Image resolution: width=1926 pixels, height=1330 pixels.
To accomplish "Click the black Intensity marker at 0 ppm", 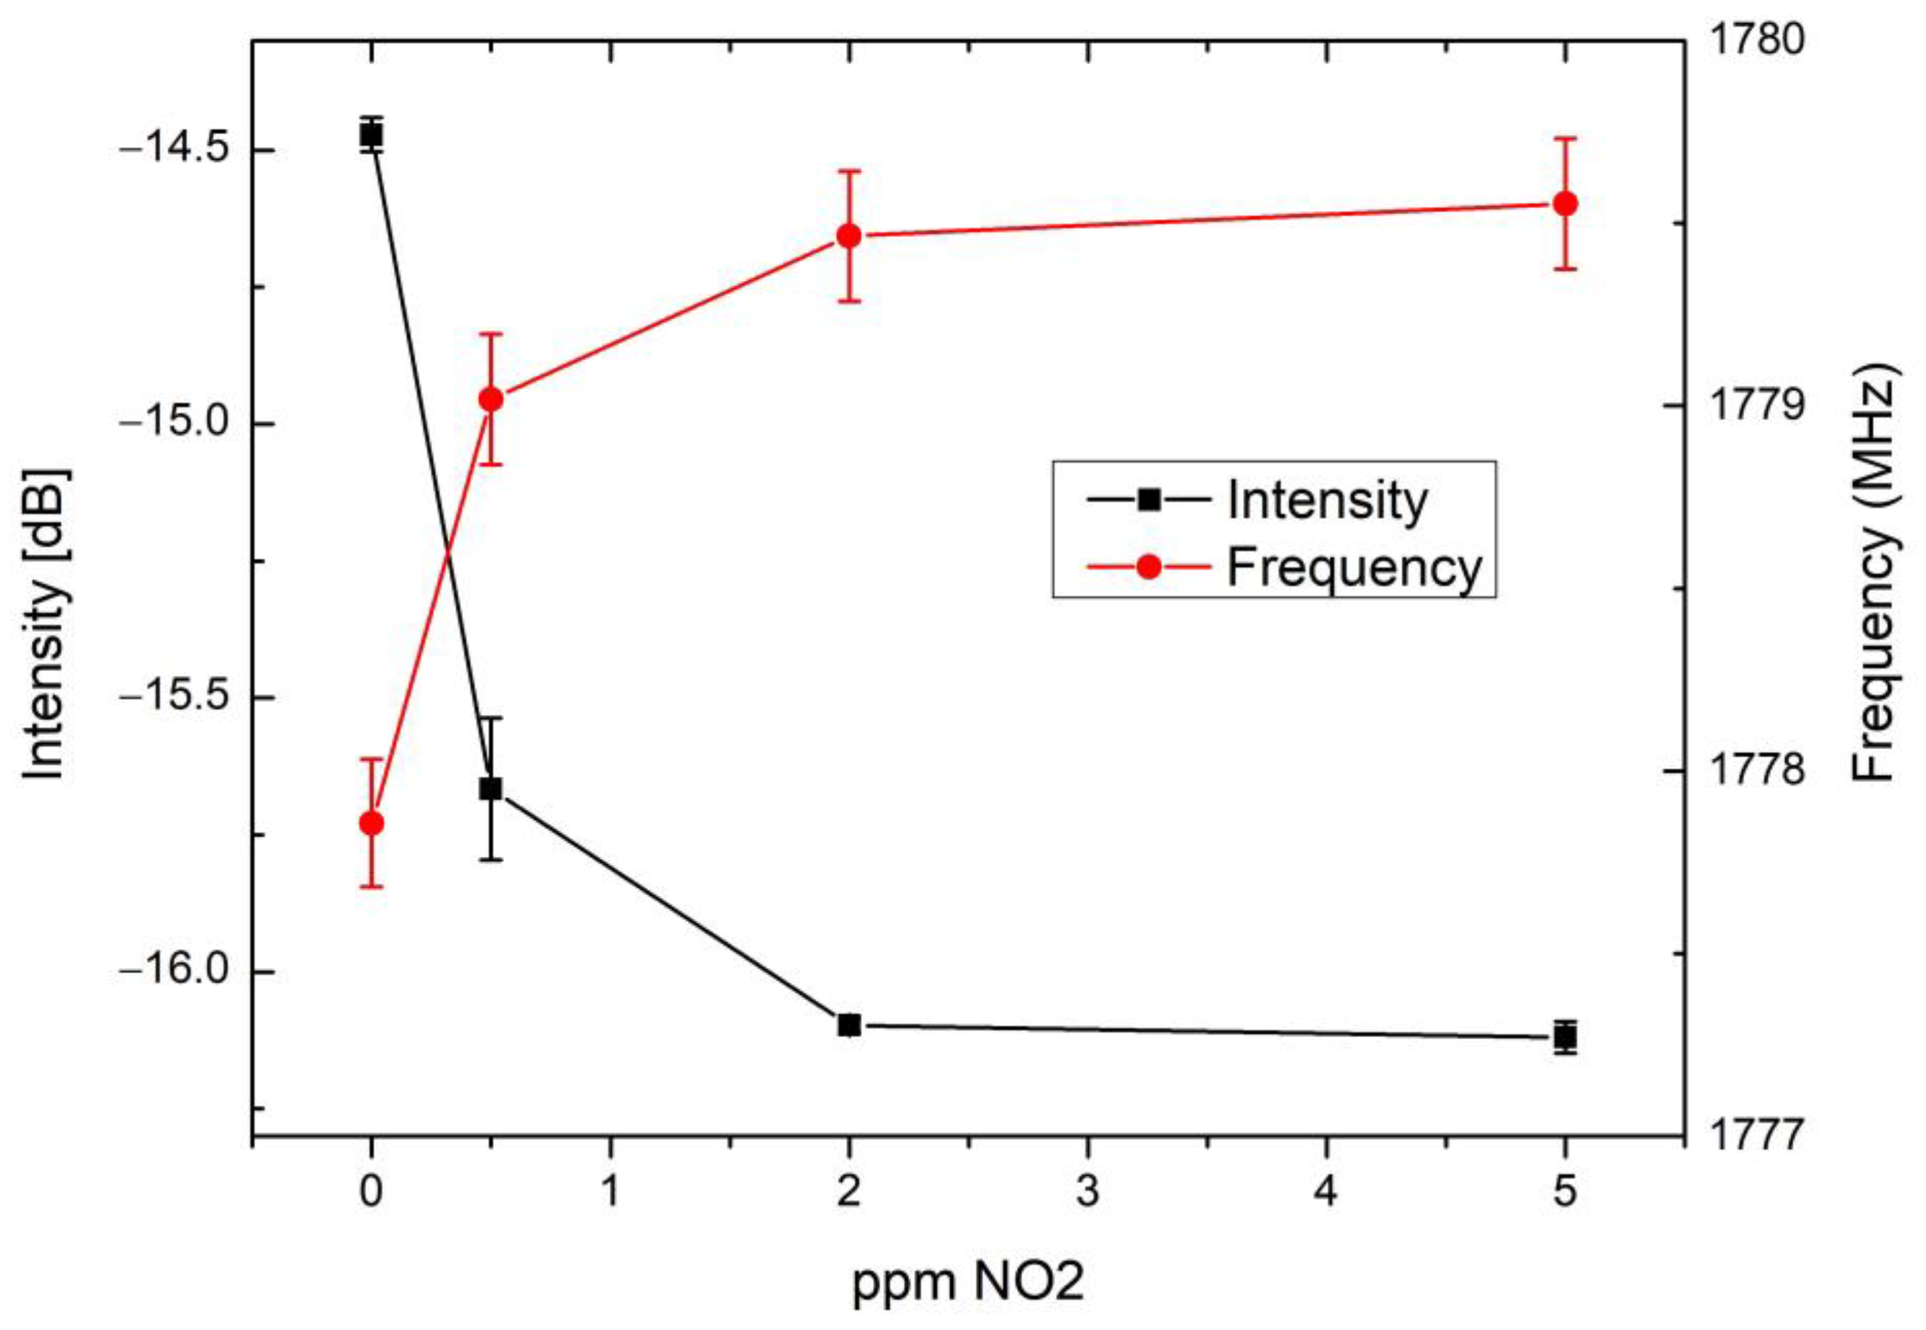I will coord(371,134).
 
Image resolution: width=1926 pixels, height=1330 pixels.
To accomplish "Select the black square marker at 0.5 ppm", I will coord(491,788).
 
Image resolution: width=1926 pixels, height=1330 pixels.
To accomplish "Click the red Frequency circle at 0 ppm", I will coord(371,823).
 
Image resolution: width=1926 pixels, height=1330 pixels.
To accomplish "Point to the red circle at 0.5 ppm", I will coord(491,399).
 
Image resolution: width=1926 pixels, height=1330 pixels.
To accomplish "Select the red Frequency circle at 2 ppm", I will coord(849,236).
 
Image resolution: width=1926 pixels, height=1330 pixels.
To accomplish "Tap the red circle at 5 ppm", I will coord(1565,203).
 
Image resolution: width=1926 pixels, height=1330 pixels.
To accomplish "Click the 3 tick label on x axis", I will coord(1087,1192).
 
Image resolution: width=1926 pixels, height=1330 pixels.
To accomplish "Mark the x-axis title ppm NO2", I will coord(968,1281).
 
